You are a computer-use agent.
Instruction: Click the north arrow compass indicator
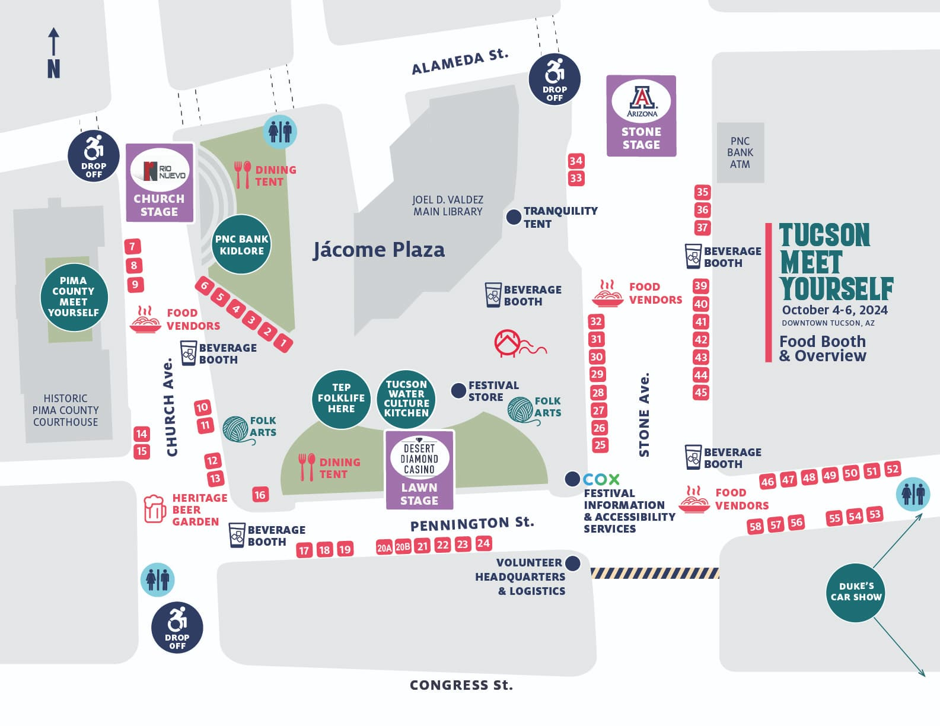click(53, 53)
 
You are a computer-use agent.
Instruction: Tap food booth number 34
click(576, 161)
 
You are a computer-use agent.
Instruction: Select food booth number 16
click(260, 495)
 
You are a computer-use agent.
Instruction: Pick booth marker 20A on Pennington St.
click(384, 547)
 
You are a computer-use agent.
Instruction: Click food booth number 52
click(892, 469)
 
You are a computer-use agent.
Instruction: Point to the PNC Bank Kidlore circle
click(241, 244)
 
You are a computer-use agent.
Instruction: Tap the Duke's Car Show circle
click(855, 591)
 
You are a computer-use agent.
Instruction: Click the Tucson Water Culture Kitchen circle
click(406, 399)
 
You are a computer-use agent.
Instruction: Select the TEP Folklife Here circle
click(341, 399)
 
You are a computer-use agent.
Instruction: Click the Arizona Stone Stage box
click(641, 116)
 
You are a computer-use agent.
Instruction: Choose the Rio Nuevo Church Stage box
click(160, 183)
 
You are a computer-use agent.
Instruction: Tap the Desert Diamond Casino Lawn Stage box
click(419, 470)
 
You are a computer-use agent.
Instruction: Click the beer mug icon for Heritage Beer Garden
click(154, 509)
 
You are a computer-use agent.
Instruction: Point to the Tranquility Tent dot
click(514, 217)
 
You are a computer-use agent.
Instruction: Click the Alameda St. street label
click(460, 62)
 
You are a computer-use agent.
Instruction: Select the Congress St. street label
click(461, 685)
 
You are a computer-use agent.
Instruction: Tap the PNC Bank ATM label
click(740, 152)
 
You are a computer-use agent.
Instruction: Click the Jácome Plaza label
click(379, 250)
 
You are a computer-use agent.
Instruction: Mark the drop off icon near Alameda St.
click(555, 79)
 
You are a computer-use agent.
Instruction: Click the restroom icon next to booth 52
click(913, 493)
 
